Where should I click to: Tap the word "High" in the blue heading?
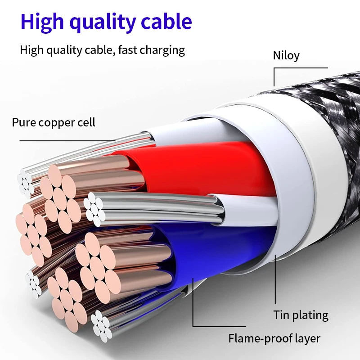pos(41,22)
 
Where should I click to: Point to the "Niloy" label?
pos(286,55)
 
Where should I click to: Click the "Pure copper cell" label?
pos(54,122)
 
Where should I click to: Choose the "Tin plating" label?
pos(301,315)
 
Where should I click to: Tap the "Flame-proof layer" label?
pos(274,338)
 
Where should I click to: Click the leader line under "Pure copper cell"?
pos(67,141)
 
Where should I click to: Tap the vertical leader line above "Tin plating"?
pos(275,279)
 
